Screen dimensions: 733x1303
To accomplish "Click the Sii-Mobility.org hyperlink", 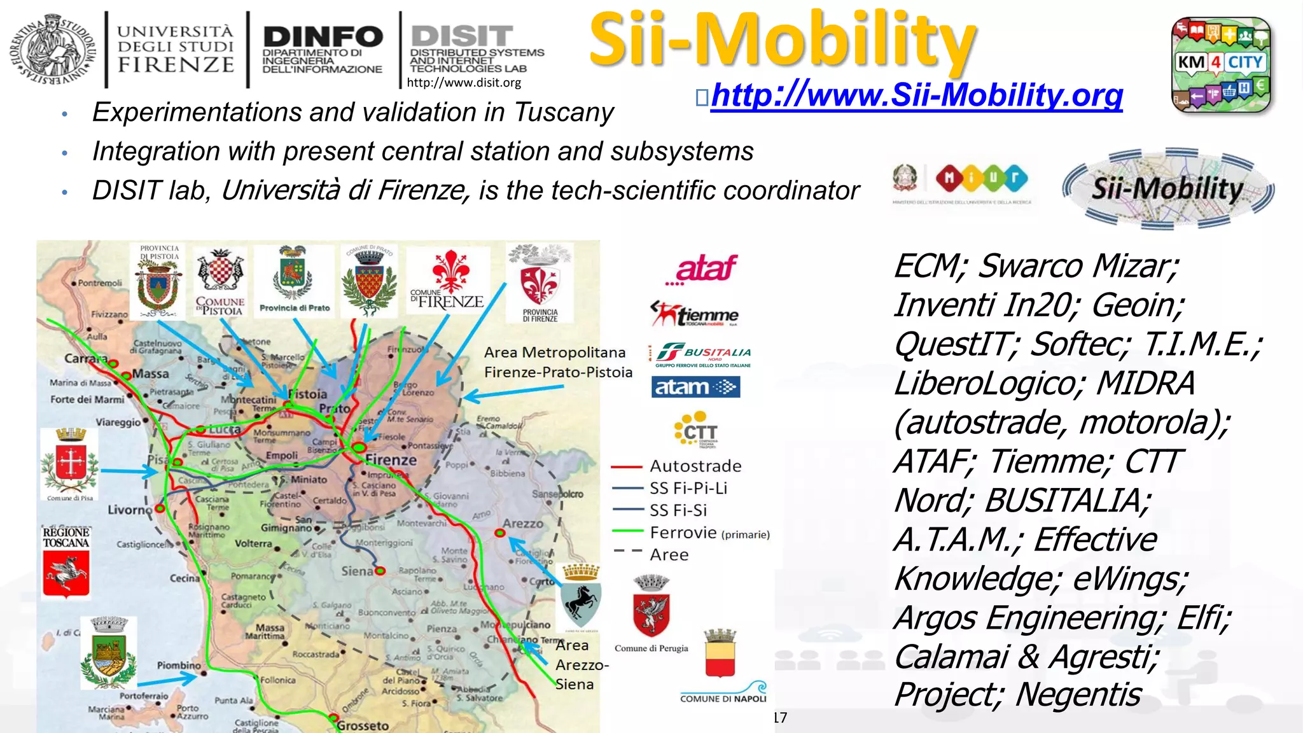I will pyautogui.click(x=916, y=95).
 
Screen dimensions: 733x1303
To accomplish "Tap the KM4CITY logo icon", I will pyautogui.click(x=1221, y=64).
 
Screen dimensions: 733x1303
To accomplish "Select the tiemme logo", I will pyautogui.click(x=694, y=314).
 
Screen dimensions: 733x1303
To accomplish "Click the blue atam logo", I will pyautogui.click(x=695, y=387).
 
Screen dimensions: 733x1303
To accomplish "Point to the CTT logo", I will pyautogui.click(x=696, y=430).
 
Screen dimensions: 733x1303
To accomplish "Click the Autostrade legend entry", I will pyautogui.click(x=695, y=466).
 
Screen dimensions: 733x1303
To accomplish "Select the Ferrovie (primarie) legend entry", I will pyautogui.click(x=709, y=533).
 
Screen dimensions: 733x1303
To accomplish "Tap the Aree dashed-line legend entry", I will pyautogui.click(x=669, y=555).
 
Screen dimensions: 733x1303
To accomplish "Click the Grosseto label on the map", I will pyautogui.click(x=363, y=725).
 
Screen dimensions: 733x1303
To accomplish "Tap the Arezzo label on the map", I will pyautogui.click(x=523, y=524).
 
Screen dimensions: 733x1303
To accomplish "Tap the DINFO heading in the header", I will pyautogui.click(x=323, y=37).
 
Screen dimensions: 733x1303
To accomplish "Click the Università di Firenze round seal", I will pyautogui.click(x=52, y=48).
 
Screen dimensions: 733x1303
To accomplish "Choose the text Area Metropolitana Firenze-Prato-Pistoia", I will pyautogui.click(x=557, y=362).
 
